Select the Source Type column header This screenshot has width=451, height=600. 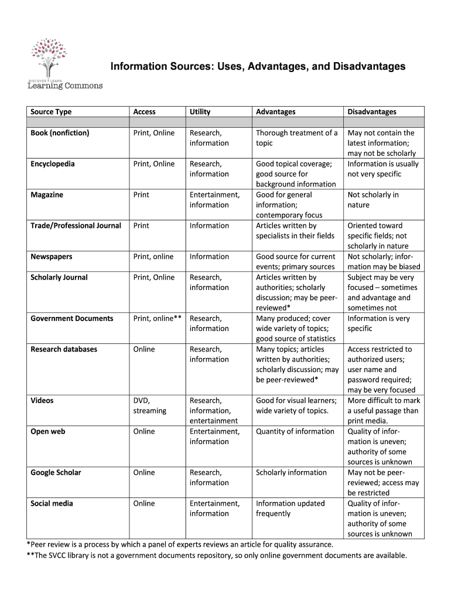coord(51,112)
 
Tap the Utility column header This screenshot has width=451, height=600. coord(200,112)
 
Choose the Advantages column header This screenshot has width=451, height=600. coord(276,112)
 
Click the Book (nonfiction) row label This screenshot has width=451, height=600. coord(60,133)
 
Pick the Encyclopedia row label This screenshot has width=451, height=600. coord(53,164)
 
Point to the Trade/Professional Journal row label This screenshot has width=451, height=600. coord(76,226)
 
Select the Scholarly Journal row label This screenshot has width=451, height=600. coord(59,277)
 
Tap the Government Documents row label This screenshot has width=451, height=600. coord(71,318)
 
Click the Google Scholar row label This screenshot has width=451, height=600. coord(56,472)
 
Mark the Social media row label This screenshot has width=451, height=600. coord(52,503)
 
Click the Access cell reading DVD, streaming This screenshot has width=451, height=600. coord(150,405)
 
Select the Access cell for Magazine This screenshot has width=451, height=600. coord(141,195)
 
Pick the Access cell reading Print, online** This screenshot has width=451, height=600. coord(158,318)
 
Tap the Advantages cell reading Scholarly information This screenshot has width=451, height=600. coord(291,472)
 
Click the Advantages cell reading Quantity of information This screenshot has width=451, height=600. coord(295,431)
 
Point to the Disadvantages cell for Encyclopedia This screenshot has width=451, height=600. coord(382,169)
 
